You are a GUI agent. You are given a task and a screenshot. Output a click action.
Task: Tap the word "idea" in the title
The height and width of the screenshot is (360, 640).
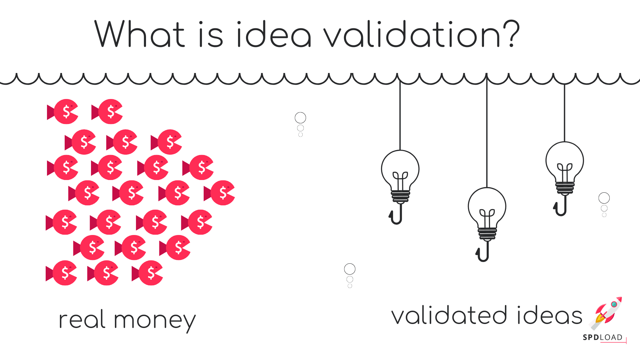pos(274,34)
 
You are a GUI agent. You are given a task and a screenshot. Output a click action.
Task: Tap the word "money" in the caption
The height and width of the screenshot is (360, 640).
pos(155,321)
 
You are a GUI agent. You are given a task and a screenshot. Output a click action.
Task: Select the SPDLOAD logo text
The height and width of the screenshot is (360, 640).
pos(603,337)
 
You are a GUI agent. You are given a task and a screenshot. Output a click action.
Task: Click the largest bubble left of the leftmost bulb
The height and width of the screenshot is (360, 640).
pos(300,118)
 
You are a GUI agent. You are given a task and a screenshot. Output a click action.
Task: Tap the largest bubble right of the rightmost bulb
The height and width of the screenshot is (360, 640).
pos(604,198)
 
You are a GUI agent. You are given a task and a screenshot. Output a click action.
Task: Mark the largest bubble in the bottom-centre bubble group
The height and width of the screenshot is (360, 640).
pos(350,269)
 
